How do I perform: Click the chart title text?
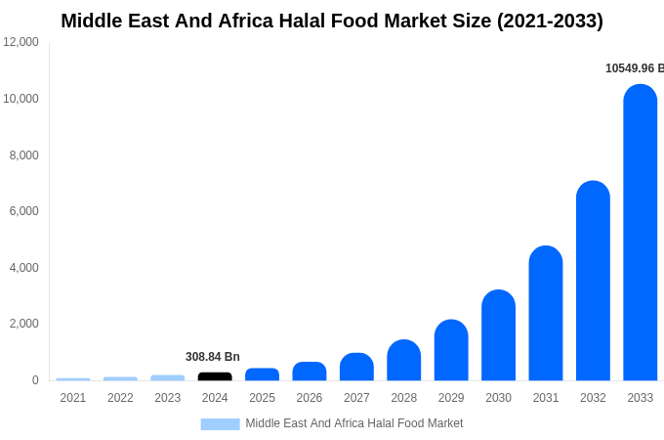[332, 21]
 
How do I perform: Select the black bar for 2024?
[215, 376]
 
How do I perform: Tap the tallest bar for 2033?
[641, 235]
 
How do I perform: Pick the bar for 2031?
[546, 315]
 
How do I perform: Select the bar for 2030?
[498, 336]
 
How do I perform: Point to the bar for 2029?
[451, 351]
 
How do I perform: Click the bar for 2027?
[356, 368]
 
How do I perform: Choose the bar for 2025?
[262, 374]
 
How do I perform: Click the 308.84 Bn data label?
[213, 357]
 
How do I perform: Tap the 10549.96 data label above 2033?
[634, 68]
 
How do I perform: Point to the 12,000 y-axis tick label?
[21, 42]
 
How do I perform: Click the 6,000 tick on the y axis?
[23, 211]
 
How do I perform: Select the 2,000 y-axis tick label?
[23, 324]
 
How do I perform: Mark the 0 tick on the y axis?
[35, 380]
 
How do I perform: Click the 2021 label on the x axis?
[73, 398]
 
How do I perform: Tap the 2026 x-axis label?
[310, 398]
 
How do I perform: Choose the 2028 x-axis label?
[404, 398]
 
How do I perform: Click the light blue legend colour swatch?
[220, 423]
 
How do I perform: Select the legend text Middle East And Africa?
[353, 423]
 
